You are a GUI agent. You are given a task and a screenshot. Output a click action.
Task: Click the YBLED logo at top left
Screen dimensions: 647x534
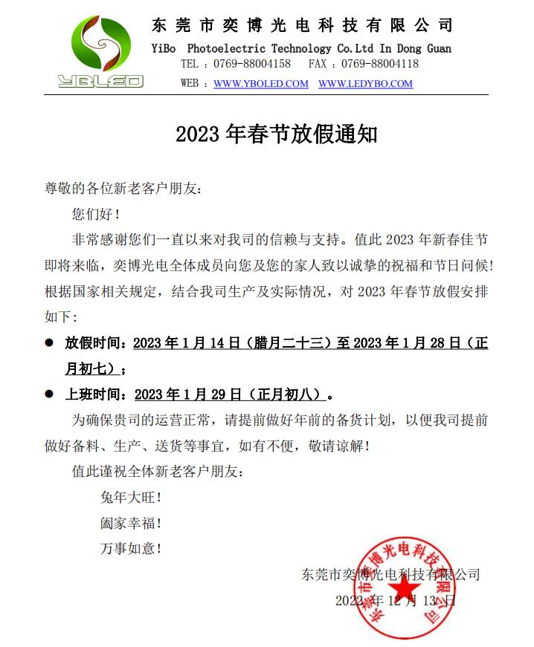100,52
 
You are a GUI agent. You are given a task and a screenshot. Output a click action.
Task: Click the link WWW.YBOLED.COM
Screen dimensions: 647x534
261,84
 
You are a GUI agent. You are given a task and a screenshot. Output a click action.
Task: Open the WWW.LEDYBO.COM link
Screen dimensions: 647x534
365,84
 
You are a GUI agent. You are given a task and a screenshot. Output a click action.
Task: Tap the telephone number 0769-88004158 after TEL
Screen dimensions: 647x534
252,65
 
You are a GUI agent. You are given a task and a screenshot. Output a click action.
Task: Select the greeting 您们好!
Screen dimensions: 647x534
96,215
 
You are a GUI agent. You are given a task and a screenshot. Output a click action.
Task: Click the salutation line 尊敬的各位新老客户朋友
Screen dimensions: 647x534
123,189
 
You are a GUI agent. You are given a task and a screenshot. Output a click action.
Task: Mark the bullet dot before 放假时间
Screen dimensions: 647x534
50,343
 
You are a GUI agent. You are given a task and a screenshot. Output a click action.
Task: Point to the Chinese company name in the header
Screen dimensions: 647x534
302,26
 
